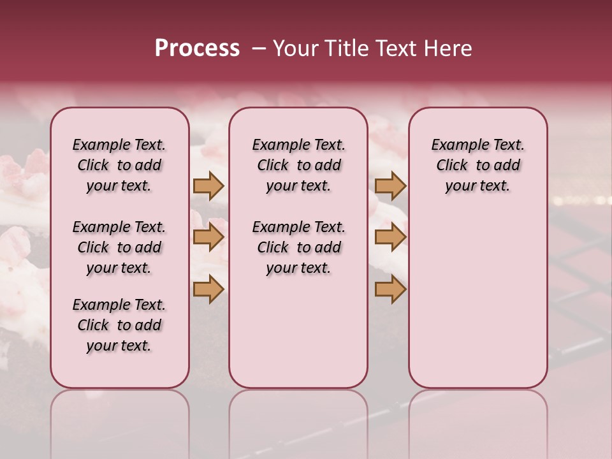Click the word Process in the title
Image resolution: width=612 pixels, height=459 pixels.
pos(197,48)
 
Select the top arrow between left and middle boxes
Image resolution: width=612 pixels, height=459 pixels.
pos(208,186)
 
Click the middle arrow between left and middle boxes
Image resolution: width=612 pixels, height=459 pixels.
pos(208,237)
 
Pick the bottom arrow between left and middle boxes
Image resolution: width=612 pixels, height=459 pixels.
pos(208,289)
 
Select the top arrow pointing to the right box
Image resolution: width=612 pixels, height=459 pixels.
pos(390,186)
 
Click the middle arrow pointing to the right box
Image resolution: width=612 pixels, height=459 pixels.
pos(390,237)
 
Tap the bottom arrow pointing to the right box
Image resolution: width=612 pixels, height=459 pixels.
pos(390,289)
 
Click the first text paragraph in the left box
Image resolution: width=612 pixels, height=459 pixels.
pos(119,165)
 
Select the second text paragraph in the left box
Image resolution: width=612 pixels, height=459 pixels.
pos(119,247)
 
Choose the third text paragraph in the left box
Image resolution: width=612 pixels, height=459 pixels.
pos(119,325)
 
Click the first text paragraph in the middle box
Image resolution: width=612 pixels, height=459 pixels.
pos(298,165)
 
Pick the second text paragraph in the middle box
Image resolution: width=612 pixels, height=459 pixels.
pos(298,247)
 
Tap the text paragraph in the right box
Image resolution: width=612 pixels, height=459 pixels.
pos(477,165)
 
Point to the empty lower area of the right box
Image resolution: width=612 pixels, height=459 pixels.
pos(477,300)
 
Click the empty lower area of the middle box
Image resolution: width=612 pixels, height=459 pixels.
pos(298,331)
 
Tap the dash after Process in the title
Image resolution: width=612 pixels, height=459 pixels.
pos(258,48)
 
